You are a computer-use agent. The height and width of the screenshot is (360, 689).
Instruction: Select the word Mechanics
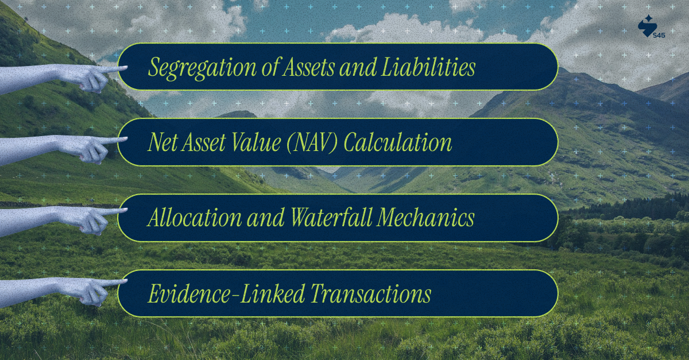[x=429, y=218]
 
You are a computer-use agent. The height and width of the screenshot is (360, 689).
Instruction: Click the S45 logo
[x=649, y=28]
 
